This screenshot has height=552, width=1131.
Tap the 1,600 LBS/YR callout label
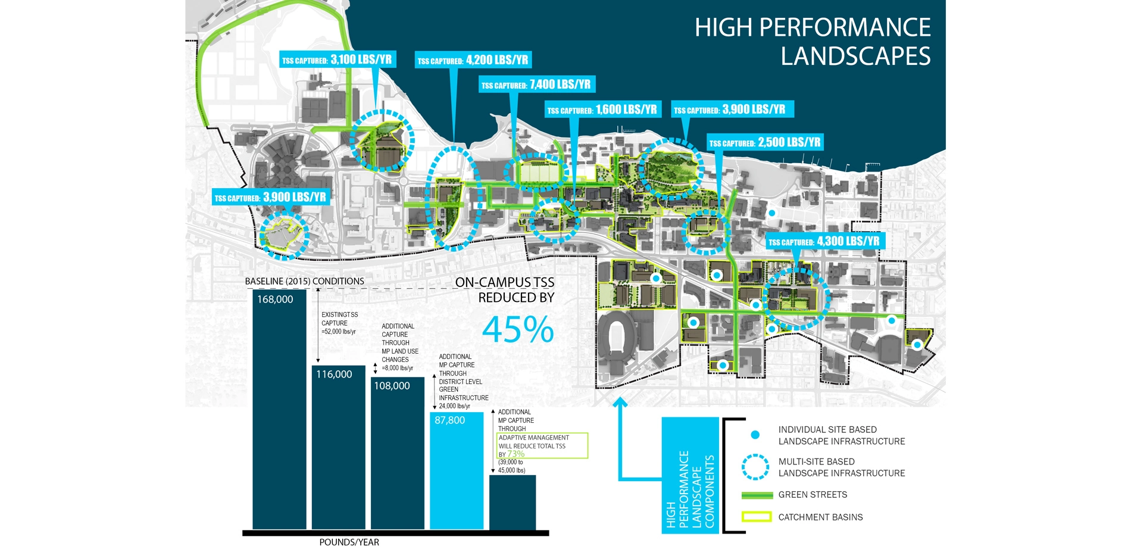tap(603, 110)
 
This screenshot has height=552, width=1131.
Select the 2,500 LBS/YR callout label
tap(766, 142)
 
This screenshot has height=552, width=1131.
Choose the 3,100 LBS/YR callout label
tap(338, 60)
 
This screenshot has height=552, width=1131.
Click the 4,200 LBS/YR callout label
tap(473, 60)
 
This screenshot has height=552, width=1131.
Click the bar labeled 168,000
tap(279, 411)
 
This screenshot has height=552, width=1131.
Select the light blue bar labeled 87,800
tap(457, 470)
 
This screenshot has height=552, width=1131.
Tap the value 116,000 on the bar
tap(334, 375)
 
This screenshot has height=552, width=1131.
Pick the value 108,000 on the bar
tap(392, 386)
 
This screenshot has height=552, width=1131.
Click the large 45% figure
tap(518, 329)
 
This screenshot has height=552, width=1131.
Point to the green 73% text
tap(515, 454)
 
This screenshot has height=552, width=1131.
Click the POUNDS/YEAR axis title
tap(349, 542)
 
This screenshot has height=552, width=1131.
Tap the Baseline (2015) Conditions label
tap(304, 281)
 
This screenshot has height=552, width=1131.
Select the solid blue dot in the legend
tap(755, 435)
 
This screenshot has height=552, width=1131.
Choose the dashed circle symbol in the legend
tap(755, 467)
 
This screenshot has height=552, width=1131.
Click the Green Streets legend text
tap(813, 495)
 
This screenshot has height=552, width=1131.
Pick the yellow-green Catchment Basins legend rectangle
tap(757, 517)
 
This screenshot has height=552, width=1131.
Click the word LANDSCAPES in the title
tap(855, 56)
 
